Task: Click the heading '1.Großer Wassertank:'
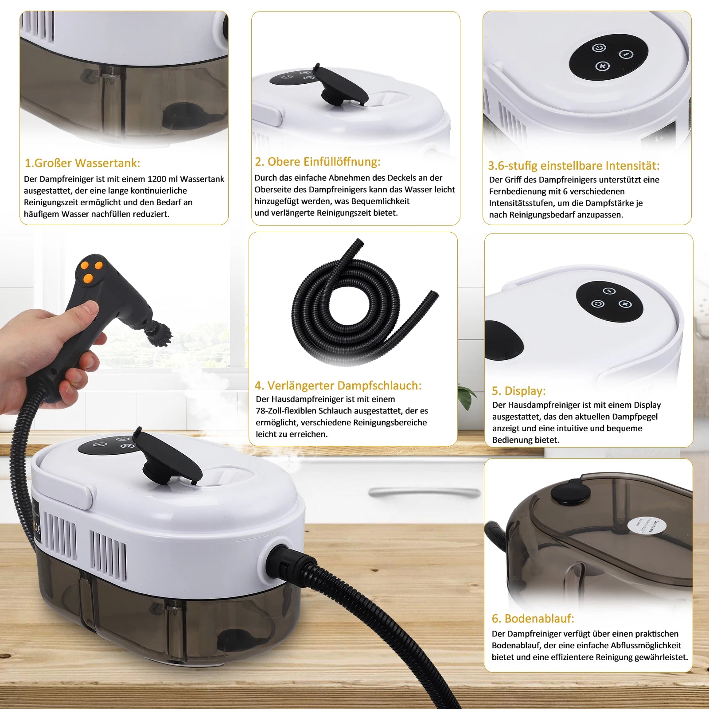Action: point(82,163)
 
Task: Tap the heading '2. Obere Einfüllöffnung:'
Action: point(317,162)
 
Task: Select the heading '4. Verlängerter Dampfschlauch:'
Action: point(338,386)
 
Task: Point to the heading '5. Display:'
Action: point(518,391)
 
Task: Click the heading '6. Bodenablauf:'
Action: point(533,618)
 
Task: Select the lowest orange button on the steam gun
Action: point(88,278)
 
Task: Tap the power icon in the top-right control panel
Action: point(599,48)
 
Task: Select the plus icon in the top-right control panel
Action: point(602,66)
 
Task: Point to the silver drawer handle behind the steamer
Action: point(425,492)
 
